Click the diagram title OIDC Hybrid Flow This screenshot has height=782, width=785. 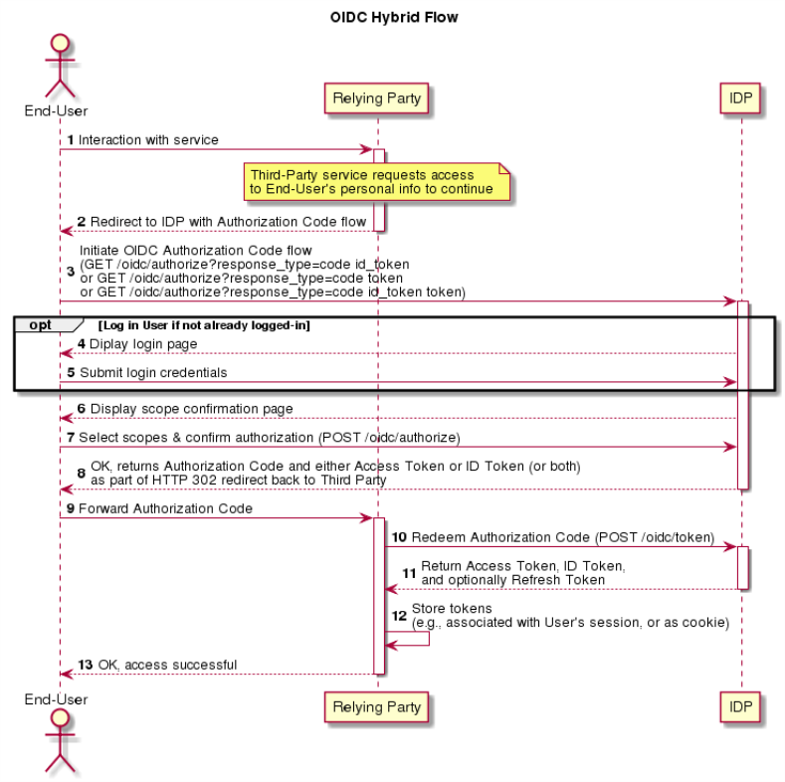(394, 17)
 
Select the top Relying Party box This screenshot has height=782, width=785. (376, 98)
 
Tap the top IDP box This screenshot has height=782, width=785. (740, 98)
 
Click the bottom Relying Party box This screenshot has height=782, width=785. (376, 707)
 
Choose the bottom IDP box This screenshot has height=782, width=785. (740, 707)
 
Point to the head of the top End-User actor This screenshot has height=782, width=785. (60, 43)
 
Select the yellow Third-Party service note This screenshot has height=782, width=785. (376, 182)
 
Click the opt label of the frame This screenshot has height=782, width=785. (40, 325)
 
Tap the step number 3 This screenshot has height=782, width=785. (71, 272)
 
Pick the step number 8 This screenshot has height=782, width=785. (82, 474)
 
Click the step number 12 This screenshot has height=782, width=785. (399, 616)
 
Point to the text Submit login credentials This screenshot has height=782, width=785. (153, 372)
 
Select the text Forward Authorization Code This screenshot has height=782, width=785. (165, 508)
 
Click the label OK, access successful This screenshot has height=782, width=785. (167, 665)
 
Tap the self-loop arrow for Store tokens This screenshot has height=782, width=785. (429, 639)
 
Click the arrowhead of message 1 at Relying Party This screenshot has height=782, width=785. (367, 149)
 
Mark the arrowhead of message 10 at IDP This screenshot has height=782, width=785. (730, 546)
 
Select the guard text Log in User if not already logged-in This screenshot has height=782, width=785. (204, 325)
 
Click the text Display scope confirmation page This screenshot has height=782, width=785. (191, 409)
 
